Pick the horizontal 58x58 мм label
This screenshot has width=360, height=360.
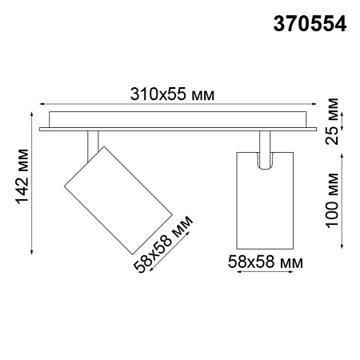click(x=265, y=261)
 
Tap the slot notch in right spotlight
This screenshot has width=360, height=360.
click(x=266, y=159)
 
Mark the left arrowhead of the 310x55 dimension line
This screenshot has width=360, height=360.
click(x=41, y=105)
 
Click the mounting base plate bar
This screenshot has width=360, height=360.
click(x=175, y=122)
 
